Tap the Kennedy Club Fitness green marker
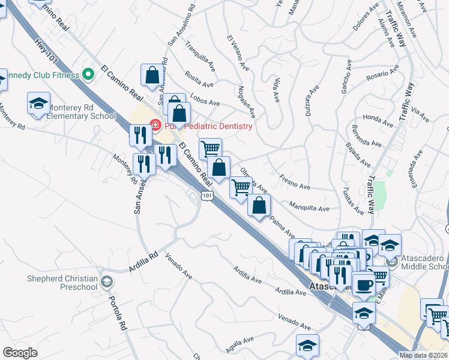point(89,75)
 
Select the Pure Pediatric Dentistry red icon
point(155,126)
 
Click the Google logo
point(20,352)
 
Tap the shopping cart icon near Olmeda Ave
point(241,187)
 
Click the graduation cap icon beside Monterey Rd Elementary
point(39,103)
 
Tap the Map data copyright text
point(423,355)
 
